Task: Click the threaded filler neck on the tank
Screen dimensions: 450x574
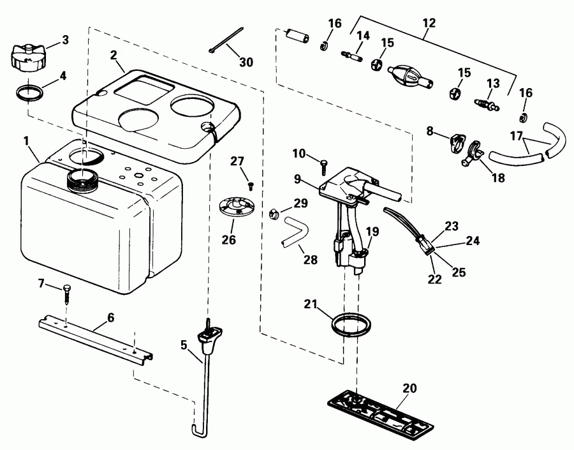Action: coord(81,179)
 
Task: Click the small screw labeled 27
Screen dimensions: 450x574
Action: coord(250,185)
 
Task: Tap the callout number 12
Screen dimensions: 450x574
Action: coord(429,23)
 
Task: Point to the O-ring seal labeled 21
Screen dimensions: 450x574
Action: coord(351,324)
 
